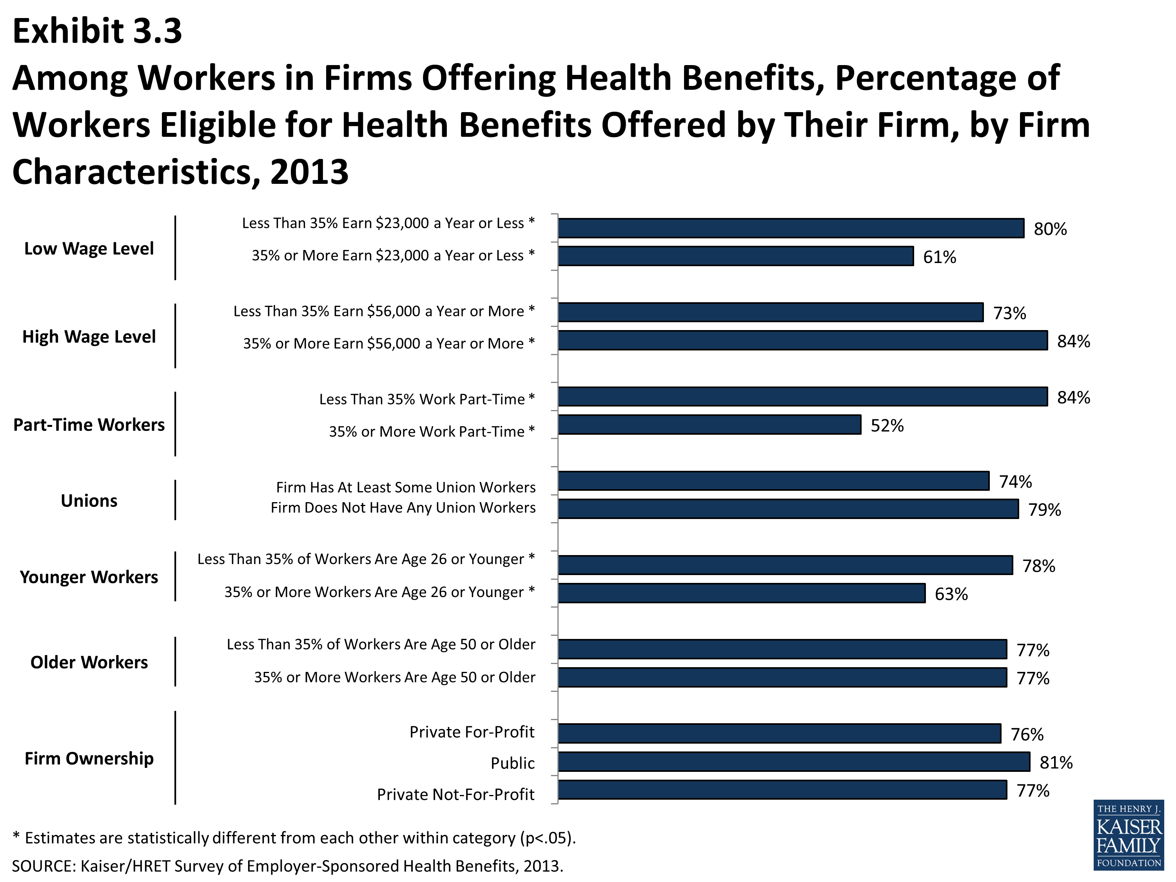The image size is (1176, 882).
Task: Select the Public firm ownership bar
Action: (793, 762)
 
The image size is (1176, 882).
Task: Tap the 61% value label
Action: (939, 257)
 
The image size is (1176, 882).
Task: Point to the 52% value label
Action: (887, 426)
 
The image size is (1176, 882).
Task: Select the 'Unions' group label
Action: (89, 501)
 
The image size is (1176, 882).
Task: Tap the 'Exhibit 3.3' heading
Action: (97, 31)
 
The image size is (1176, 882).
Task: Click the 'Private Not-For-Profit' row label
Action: (456, 794)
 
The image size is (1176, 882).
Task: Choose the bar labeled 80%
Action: (791, 228)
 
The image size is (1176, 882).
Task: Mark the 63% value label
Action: (951, 594)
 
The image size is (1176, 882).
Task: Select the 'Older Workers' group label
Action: (89, 662)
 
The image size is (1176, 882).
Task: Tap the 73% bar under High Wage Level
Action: (770, 312)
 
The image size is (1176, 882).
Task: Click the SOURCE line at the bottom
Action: (287, 866)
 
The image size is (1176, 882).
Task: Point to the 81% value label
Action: (1056, 763)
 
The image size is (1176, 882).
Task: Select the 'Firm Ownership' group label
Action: (89, 758)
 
